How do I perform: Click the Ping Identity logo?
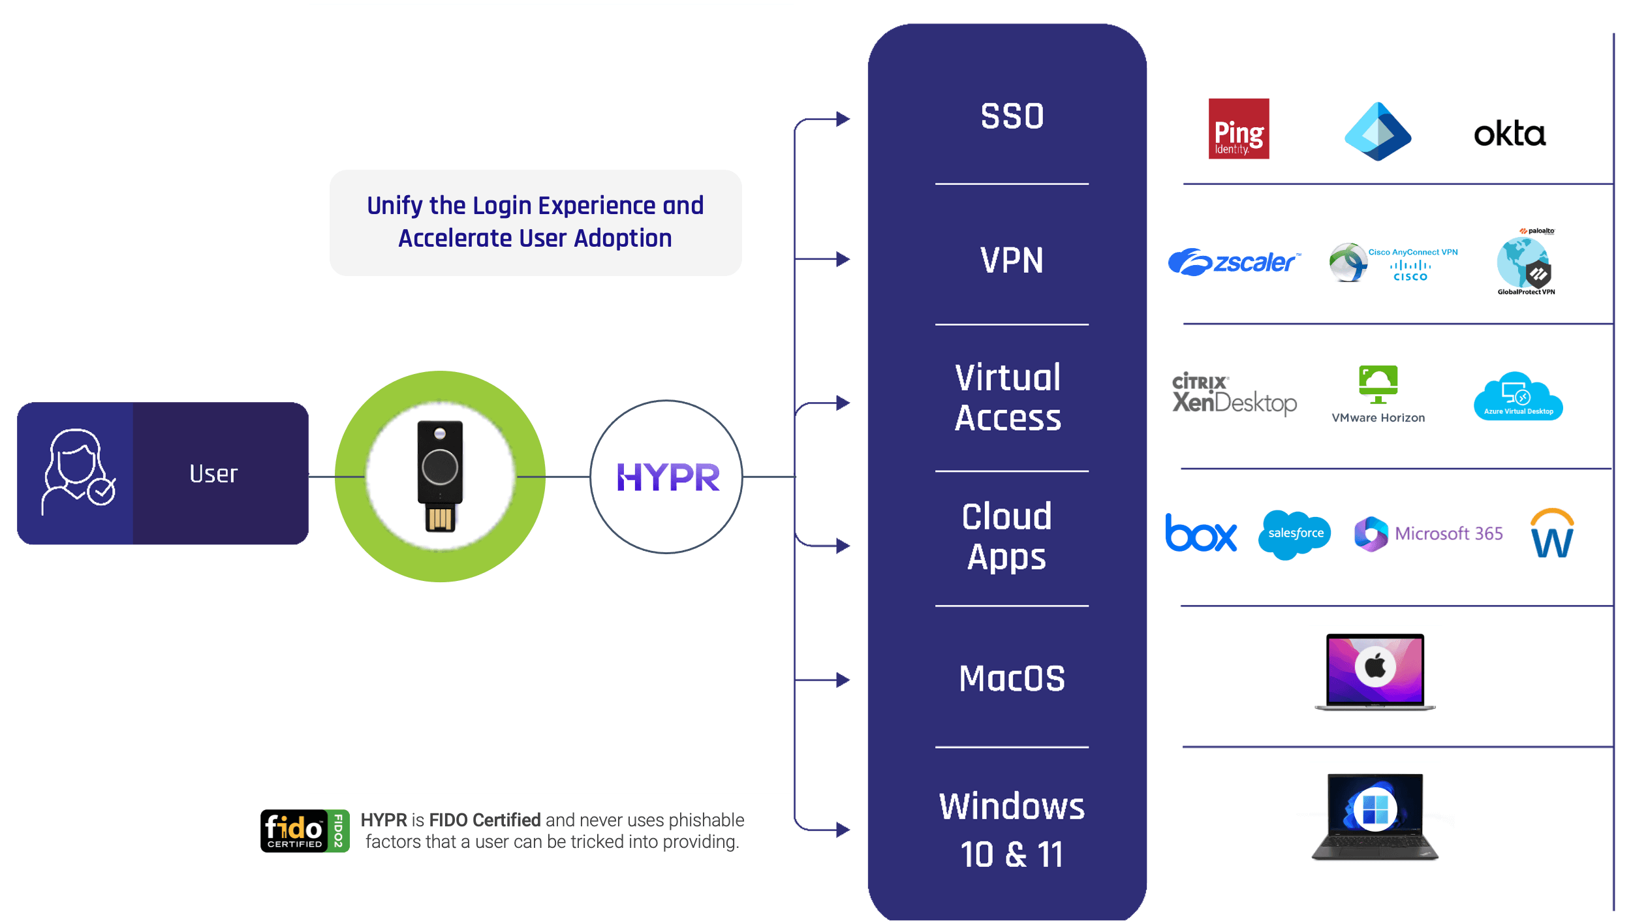click(1238, 129)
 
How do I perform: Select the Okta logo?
click(1510, 134)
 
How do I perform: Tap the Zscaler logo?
click(1234, 262)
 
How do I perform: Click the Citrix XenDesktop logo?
click(1234, 394)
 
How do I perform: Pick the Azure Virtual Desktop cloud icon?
click(1517, 396)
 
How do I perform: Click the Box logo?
click(1201, 533)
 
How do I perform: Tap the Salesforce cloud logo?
click(1295, 534)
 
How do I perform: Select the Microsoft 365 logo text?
click(1448, 534)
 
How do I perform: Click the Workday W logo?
click(1552, 535)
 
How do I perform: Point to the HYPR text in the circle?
click(668, 477)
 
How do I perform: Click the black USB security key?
click(440, 476)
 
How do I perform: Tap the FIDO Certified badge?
click(305, 831)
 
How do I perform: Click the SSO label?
click(1012, 117)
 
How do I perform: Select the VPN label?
click(1012, 260)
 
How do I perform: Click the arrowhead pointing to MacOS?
click(843, 680)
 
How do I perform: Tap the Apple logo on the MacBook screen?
click(1375, 667)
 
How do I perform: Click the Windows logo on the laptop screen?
click(1375, 809)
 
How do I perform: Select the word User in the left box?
click(213, 474)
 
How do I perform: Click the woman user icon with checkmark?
click(77, 471)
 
